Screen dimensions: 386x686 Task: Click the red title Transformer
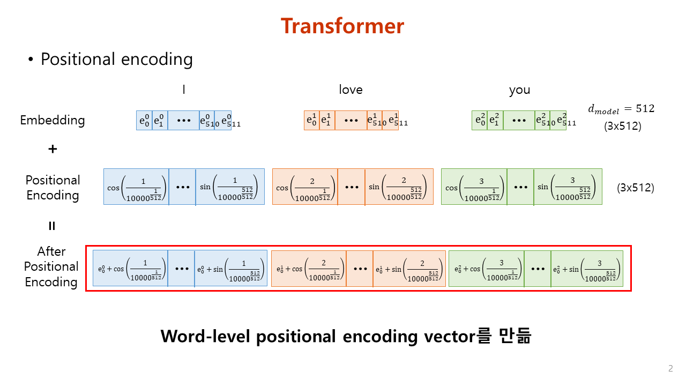click(342, 26)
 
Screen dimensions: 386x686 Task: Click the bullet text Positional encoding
click(116, 59)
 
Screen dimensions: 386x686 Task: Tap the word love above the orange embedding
click(351, 90)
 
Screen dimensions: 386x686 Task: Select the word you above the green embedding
click(519, 90)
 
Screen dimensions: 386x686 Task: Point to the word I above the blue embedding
click(184, 90)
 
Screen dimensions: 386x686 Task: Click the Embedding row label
click(53, 120)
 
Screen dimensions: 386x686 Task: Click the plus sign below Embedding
click(53, 149)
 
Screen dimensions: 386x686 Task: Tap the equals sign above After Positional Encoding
click(52, 226)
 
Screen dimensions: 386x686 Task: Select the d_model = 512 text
click(621, 109)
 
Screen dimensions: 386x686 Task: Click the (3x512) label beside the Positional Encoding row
click(635, 188)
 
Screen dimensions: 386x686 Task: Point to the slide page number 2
click(670, 368)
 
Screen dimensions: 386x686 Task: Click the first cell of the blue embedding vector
click(145, 121)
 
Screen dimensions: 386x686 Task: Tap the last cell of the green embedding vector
click(558, 121)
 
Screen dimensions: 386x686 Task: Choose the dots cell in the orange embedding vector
click(351, 121)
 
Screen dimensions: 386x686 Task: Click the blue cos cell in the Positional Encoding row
click(136, 187)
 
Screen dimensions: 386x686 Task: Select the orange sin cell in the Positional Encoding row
click(399, 187)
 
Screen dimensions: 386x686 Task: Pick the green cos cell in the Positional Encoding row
click(474, 187)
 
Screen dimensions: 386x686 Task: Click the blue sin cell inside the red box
click(230, 268)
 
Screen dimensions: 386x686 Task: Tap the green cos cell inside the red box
click(486, 268)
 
